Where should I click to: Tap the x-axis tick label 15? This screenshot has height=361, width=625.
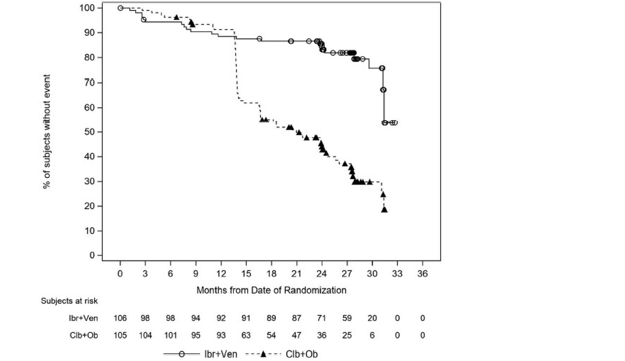pos(246,274)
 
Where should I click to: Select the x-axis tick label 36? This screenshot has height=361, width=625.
pos(422,274)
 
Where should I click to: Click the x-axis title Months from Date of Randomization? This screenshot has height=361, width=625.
pos(271,291)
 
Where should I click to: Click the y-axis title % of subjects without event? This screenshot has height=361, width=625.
pos(47,131)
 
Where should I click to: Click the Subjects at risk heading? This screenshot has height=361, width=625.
pos(69,301)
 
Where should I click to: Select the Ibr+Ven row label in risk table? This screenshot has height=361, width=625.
pos(83,318)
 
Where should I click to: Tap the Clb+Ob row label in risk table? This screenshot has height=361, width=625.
pos(83,335)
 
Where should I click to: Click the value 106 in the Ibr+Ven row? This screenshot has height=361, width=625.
pos(120,318)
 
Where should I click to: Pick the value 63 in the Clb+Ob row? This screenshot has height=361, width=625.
pos(246,335)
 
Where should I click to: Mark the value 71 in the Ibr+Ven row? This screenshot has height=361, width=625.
pos(322,318)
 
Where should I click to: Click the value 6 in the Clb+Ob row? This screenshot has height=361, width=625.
pos(372,335)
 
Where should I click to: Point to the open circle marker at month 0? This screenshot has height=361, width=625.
pos(120,8)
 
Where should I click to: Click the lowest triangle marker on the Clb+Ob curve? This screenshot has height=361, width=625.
pos(384,209)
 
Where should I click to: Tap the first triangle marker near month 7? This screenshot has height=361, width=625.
pos(176,17)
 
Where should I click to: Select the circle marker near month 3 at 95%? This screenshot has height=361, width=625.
pos(143,19)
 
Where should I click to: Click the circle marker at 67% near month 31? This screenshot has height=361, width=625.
pos(383,90)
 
